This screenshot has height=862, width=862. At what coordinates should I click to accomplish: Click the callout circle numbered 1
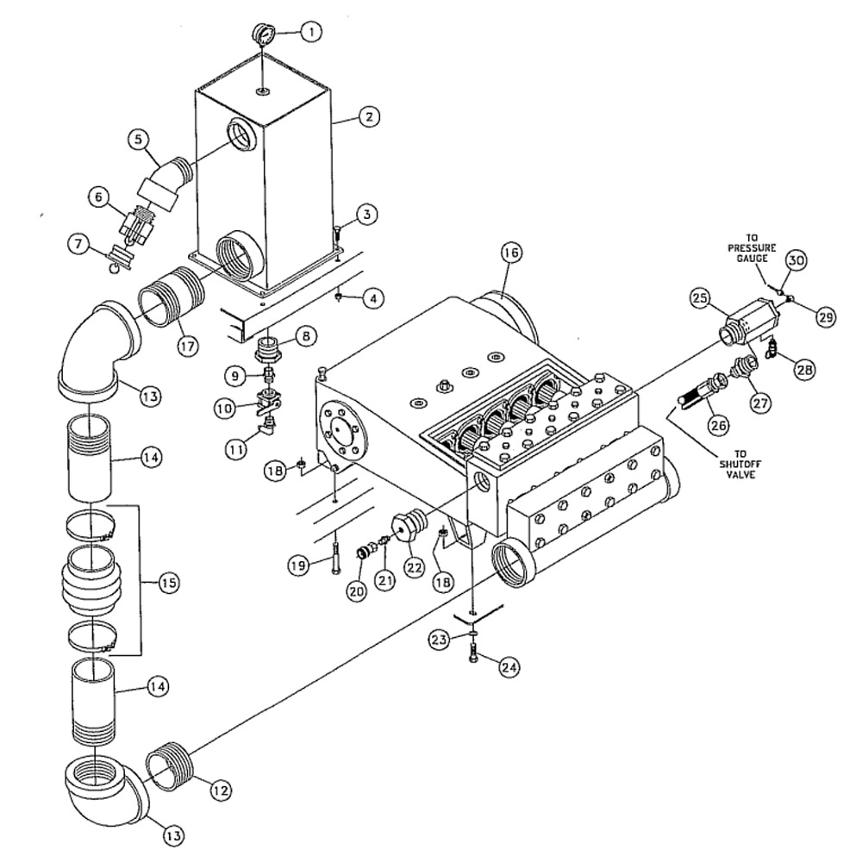[311, 33]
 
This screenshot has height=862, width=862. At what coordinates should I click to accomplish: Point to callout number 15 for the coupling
[168, 583]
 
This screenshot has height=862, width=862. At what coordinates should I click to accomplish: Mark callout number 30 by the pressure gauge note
[796, 259]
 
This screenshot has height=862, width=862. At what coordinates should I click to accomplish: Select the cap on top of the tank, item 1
[264, 35]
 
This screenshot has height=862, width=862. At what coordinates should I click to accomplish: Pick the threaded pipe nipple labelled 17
[172, 298]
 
